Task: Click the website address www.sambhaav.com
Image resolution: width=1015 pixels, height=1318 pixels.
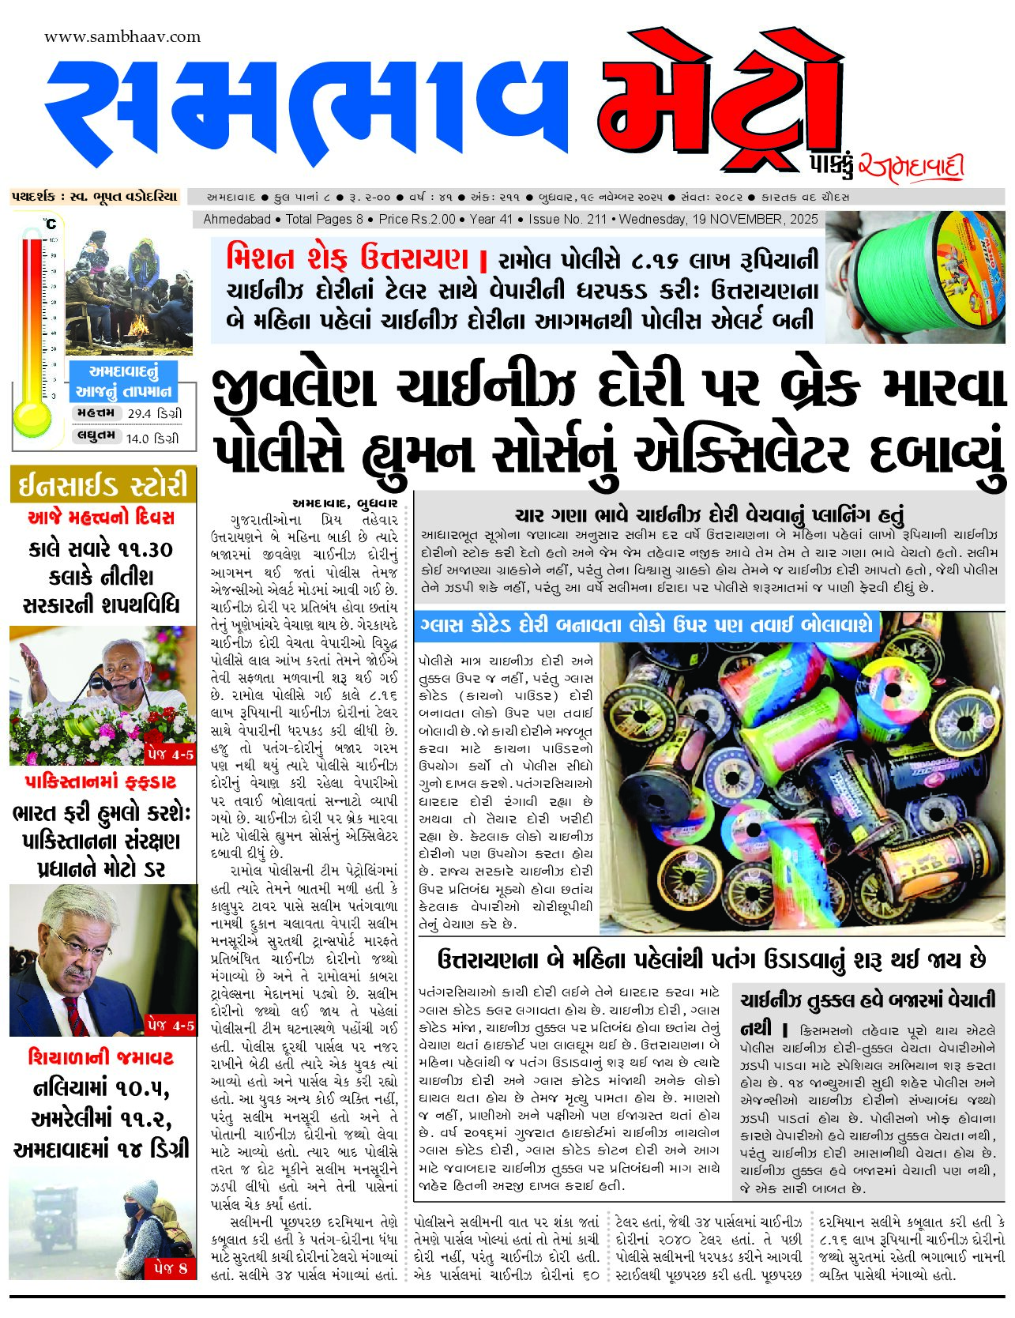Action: [x=122, y=36]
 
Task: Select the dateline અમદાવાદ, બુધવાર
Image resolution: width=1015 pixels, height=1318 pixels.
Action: [x=344, y=502]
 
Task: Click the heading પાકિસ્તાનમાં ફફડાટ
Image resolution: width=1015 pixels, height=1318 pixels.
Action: [x=101, y=782]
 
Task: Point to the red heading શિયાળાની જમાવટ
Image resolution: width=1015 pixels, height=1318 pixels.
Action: [x=100, y=1057]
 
